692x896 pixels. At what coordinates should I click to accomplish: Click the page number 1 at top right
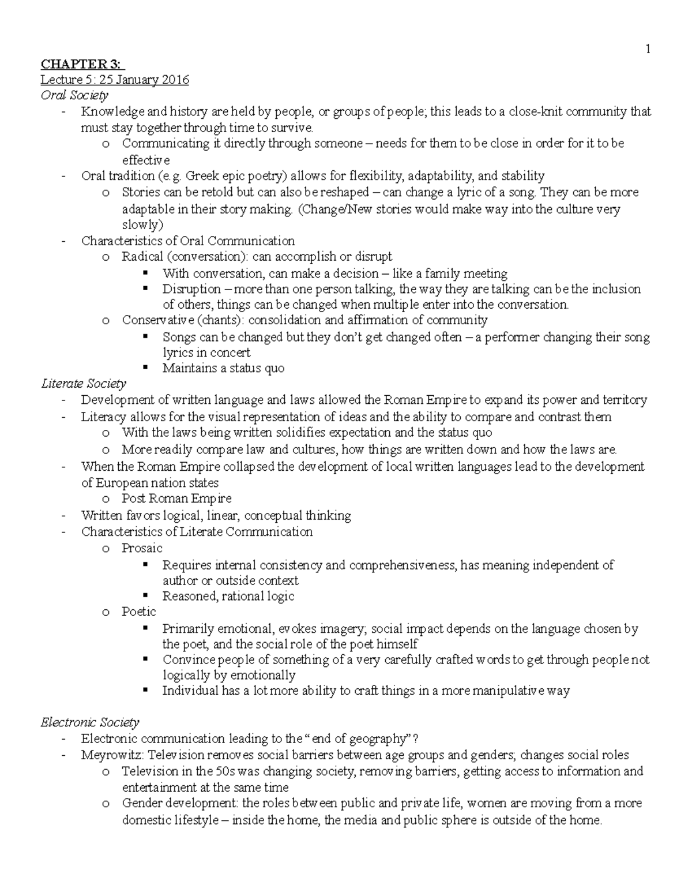coord(648,50)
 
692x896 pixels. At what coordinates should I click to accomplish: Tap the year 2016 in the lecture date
coord(175,80)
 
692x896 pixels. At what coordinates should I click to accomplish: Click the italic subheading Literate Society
coord(83,383)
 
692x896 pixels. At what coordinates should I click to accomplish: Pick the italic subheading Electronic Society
coord(89,722)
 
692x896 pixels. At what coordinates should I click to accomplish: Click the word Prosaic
coord(142,548)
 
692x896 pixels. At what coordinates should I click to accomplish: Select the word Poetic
coord(138,611)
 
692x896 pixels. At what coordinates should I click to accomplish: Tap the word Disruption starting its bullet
coord(191,289)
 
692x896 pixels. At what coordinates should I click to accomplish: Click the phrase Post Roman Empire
coord(176,498)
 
